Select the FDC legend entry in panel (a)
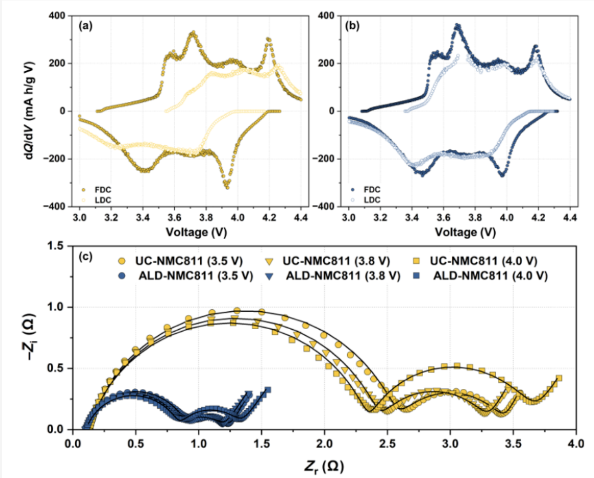(101, 189)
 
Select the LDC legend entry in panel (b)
(372, 200)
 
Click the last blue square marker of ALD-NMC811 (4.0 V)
(268, 390)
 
